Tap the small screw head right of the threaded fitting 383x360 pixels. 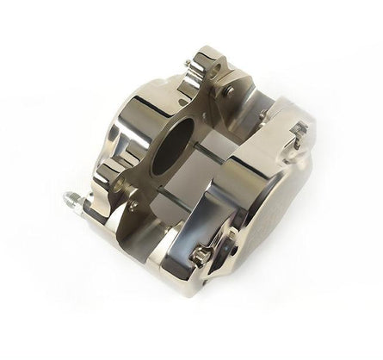tap(133, 207)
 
